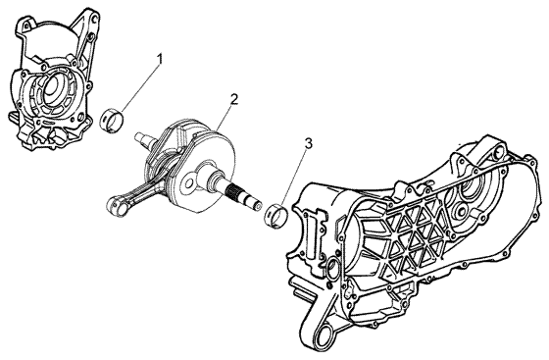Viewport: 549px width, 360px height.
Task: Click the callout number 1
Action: click(x=160, y=59)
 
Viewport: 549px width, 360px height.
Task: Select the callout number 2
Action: click(x=234, y=99)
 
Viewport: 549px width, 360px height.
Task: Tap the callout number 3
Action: click(x=308, y=143)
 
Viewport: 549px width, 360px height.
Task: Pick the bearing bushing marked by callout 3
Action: click(x=276, y=214)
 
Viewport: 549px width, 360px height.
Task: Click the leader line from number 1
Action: click(x=140, y=87)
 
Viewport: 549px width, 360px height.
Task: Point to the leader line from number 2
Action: click(x=225, y=119)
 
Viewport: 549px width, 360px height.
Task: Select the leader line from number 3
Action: click(x=294, y=178)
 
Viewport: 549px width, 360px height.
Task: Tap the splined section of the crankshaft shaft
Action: click(x=233, y=192)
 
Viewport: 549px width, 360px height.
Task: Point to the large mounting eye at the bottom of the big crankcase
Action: click(x=328, y=334)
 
